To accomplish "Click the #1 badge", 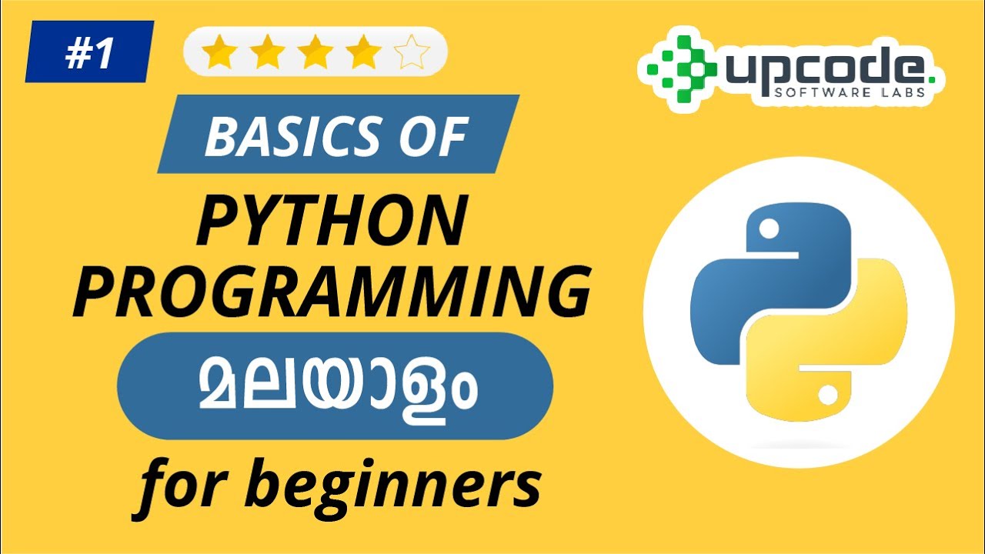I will (89, 52).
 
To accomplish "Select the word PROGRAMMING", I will (332, 293).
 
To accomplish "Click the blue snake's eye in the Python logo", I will (767, 228).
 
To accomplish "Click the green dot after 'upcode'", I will (931, 78).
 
